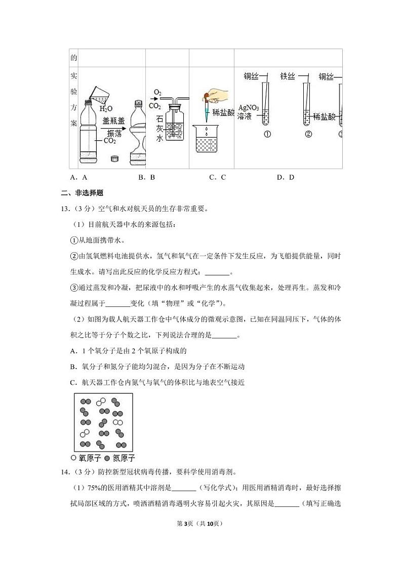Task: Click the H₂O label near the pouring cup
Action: click(x=105, y=108)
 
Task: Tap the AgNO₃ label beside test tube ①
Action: click(x=248, y=108)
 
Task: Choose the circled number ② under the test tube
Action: click(x=307, y=134)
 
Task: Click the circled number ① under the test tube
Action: click(x=267, y=134)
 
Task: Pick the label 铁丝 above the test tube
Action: click(x=288, y=76)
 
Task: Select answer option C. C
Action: click(x=217, y=177)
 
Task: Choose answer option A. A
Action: click(x=79, y=177)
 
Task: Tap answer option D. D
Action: click(x=286, y=177)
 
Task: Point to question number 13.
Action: click(x=65, y=208)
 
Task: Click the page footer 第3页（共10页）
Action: click(x=200, y=523)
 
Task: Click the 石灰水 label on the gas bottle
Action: click(x=159, y=129)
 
